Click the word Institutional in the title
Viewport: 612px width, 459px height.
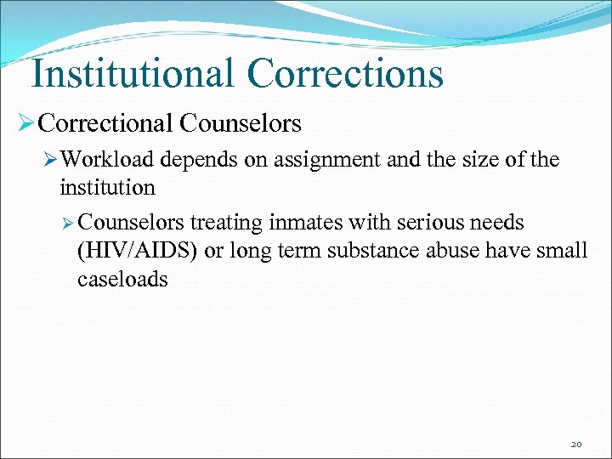pyautogui.click(x=132, y=73)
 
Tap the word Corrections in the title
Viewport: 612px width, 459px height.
pyautogui.click(x=345, y=73)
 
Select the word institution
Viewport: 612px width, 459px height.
pyautogui.click(x=107, y=186)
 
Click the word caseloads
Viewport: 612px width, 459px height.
pyautogui.click(x=122, y=280)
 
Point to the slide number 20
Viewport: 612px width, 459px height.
pyautogui.click(x=576, y=444)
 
